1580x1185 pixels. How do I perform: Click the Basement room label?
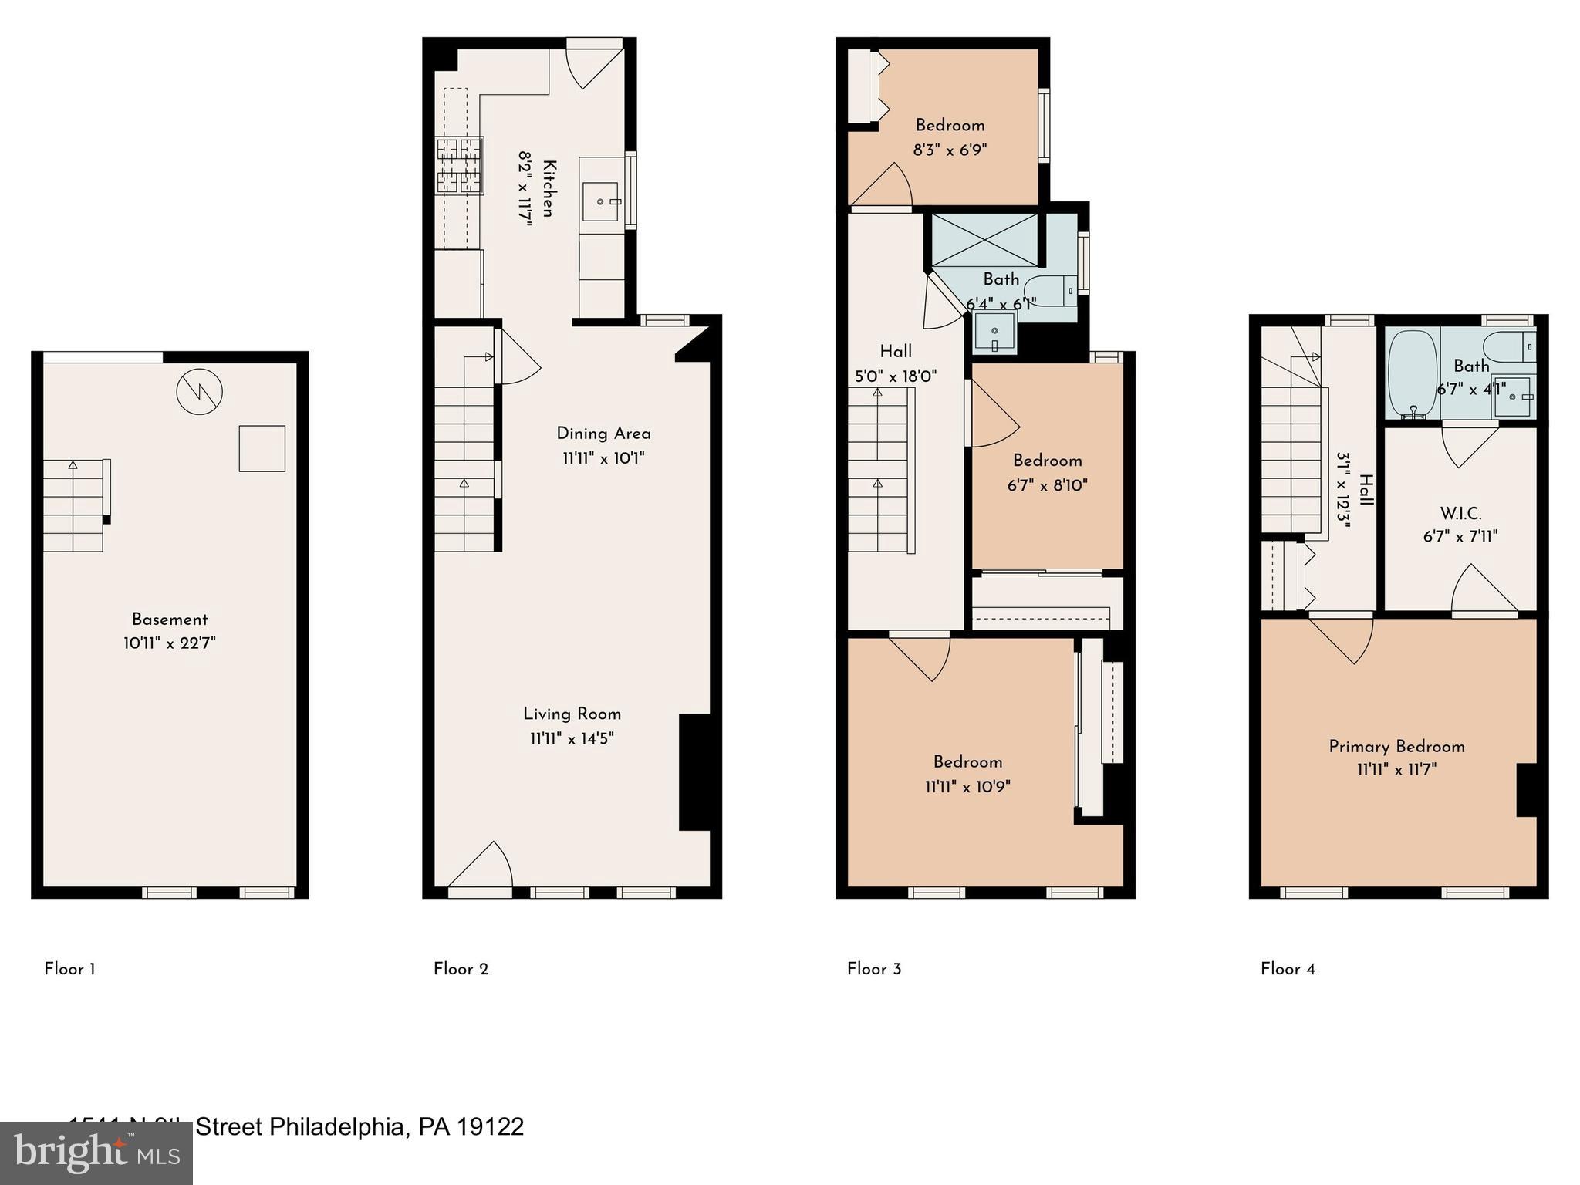click(170, 620)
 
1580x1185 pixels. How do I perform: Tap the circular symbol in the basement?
click(199, 392)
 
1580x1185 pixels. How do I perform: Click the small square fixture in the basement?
click(262, 448)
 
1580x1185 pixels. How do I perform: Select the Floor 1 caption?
click(69, 969)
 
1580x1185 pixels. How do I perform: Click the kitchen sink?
click(602, 202)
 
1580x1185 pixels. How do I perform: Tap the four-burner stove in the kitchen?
click(460, 164)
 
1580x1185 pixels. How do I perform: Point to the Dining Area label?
click(603, 434)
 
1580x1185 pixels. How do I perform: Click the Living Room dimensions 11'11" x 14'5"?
click(572, 739)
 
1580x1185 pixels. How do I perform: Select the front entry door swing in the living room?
click(482, 866)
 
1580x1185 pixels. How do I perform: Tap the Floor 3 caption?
click(874, 969)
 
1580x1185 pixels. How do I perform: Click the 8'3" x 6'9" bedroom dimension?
click(950, 150)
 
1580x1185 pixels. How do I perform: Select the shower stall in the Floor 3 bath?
click(985, 241)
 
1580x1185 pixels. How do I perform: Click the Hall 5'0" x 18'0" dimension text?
click(896, 376)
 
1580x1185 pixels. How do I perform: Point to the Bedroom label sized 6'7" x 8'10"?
click(1047, 461)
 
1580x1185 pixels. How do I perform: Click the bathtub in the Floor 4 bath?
click(1413, 374)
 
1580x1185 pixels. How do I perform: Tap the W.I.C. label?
click(1460, 513)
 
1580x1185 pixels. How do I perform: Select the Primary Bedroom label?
click(1396, 746)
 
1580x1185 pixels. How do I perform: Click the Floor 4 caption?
click(1288, 969)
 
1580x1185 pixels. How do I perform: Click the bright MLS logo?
click(96, 1153)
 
